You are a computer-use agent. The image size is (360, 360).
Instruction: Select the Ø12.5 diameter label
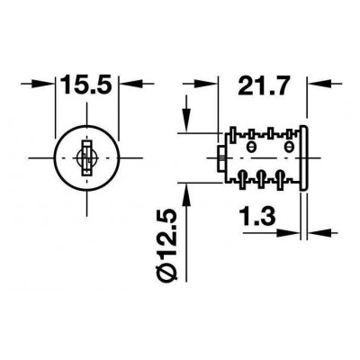(x=166, y=247)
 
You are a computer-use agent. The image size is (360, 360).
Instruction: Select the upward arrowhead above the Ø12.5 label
(x=186, y=195)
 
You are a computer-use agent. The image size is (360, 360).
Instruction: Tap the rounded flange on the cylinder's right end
(x=303, y=158)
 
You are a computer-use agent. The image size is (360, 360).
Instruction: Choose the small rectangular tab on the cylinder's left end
(x=220, y=159)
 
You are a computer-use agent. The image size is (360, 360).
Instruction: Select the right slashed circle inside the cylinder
(x=289, y=147)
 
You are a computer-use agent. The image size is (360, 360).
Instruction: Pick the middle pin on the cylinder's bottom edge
(x=261, y=180)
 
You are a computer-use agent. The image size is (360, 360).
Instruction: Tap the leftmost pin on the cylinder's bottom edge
(x=242, y=180)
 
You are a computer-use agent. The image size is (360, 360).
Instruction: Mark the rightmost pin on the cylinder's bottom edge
(x=280, y=180)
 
